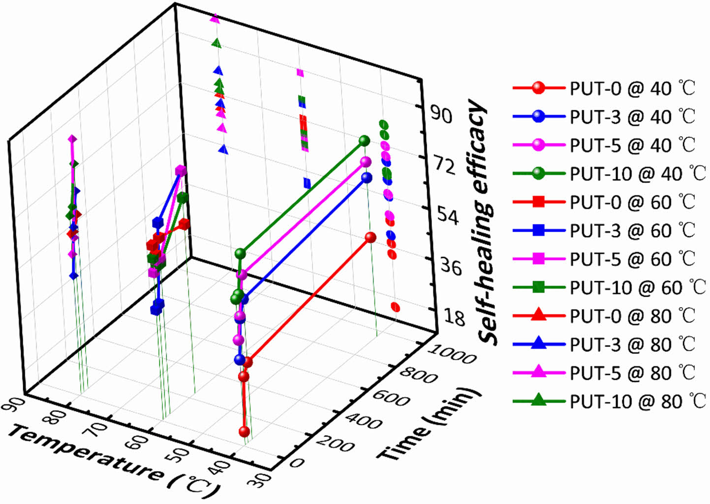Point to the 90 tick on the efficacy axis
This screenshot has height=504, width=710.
point(440,115)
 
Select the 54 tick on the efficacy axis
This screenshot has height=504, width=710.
point(446,217)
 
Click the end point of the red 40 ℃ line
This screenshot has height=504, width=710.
point(371,238)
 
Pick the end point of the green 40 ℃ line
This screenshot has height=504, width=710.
point(364,141)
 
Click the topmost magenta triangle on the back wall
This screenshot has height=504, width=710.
point(215,18)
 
